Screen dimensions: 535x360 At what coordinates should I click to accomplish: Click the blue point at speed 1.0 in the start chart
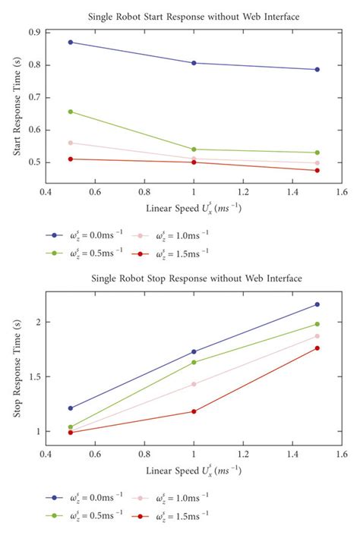(194, 63)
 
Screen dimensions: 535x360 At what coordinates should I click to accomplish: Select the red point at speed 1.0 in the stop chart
(194, 411)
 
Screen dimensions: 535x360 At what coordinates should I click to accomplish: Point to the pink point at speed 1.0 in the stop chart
(194, 384)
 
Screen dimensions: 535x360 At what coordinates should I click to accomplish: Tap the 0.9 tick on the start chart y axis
(34, 32)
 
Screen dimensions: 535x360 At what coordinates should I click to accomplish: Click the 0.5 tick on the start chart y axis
(34, 162)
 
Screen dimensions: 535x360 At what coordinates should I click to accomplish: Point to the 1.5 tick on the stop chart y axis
(34, 377)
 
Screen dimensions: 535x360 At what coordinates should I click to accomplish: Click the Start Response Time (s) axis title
(17, 103)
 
